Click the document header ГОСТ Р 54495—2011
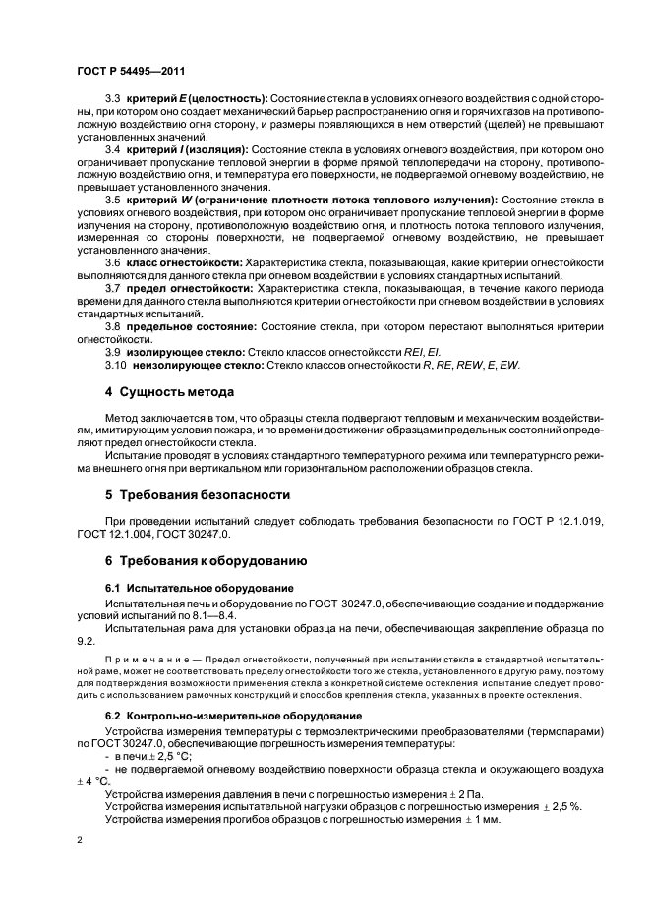click(x=131, y=72)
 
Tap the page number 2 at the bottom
click(x=81, y=841)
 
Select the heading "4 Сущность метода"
click(x=170, y=392)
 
